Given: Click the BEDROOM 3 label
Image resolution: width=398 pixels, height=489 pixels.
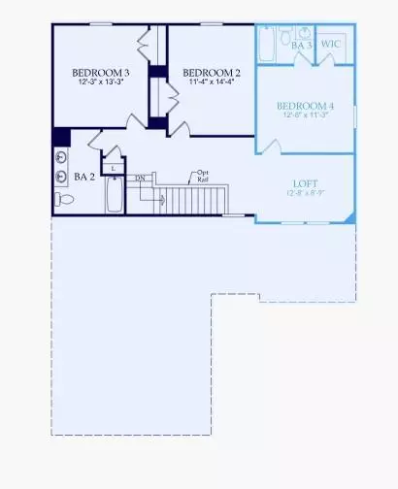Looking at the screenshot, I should click(102, 73).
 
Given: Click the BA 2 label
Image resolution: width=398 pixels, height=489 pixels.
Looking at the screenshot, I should click(84, 178).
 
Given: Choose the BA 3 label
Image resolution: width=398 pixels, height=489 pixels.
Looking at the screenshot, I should click(302, 45).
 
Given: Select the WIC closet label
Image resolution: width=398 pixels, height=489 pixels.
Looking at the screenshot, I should click(331, 45).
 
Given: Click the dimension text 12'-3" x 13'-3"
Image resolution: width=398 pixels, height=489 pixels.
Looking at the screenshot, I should click(102, 83).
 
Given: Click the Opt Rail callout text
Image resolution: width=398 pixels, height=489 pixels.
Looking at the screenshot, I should click(205, 175).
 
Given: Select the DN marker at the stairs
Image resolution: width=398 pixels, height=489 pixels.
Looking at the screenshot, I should click(141, 179).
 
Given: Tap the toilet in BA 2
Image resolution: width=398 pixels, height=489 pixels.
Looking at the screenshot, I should click(65, 200).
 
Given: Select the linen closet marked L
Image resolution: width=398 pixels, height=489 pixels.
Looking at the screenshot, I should click(115, 168).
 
